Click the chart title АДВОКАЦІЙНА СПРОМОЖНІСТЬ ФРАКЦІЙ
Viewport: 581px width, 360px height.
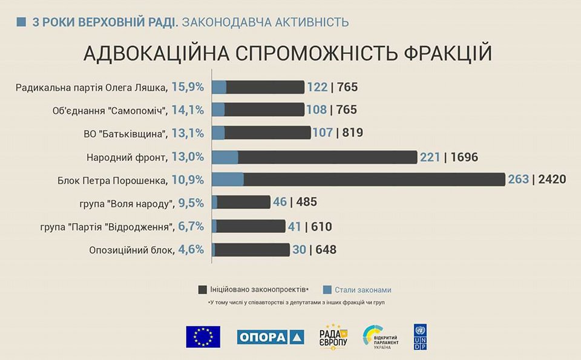pos(287,53)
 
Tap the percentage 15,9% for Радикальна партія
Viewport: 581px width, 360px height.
pos(187,87)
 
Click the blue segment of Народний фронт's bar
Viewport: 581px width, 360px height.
pos(225,157)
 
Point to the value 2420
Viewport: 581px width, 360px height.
pos(553,180)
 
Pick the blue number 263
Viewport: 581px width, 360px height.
pos(518,180)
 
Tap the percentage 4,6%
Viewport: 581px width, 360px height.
pos(191,250)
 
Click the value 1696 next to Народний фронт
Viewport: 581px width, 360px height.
pos(465,157)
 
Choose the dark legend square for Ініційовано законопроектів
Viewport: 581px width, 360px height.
pos(203,289)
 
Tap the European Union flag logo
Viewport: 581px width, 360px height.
pos(203,336)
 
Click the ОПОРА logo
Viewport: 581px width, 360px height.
pos(270,337)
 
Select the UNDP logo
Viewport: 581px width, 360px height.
pos(420,336)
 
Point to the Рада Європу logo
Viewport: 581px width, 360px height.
pos(333,336)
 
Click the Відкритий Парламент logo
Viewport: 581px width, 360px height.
pos(380,336)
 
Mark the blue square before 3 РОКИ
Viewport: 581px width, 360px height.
pos(21,22)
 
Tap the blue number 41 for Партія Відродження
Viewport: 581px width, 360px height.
pos(294,227)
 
